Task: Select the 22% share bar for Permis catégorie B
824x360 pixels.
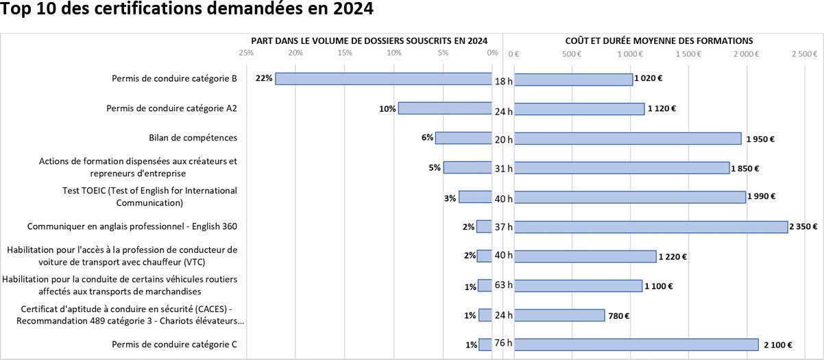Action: pos(383,79)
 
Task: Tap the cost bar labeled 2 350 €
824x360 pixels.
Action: pos(651,227)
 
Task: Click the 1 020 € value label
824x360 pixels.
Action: pos(649,78)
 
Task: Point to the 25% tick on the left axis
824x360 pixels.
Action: pos(246,53)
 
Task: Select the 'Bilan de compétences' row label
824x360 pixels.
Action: pos(193,138)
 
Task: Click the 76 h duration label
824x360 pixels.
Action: pos(504,343)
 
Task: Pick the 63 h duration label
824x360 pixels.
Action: pos(504,285)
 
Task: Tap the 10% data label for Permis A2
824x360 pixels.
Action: pos(387,108)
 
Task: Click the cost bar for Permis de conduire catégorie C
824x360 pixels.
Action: pos(636,345)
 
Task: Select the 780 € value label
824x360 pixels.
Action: pos(618,315)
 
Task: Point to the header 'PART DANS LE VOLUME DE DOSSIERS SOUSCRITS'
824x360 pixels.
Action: pos(369,41)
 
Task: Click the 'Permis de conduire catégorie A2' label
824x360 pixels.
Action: pos(171,108)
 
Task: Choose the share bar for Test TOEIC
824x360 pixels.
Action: pos(475,197)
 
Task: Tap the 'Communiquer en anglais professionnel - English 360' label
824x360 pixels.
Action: pos(132,226)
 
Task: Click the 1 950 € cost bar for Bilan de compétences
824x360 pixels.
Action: pos(627,139)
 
